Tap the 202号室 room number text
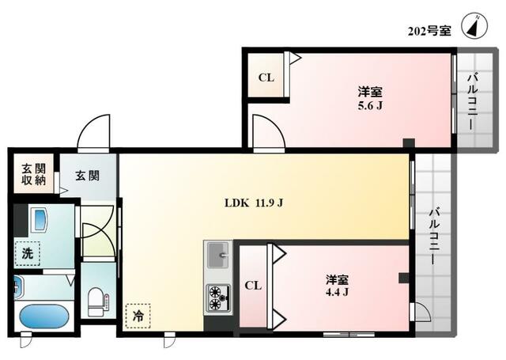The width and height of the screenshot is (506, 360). (x=429, y=32)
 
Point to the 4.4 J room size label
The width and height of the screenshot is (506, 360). (x=338, y=286)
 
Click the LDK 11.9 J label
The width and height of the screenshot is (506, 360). (x=253, y=202)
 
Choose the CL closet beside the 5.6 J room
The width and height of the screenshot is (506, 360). (x=266, y=78)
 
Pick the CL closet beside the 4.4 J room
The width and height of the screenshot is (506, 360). (x=253, y=286)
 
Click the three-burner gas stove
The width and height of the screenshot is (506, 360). (x=217, y=298)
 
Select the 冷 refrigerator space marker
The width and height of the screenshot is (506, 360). (x=138, y=315)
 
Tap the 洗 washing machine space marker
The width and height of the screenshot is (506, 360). (x=27, y=254)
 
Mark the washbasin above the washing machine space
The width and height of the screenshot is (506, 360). (x=39, y=218)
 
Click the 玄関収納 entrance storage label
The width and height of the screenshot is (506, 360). (x=33, y=174)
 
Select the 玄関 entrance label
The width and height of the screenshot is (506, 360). (x=87, y=176)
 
